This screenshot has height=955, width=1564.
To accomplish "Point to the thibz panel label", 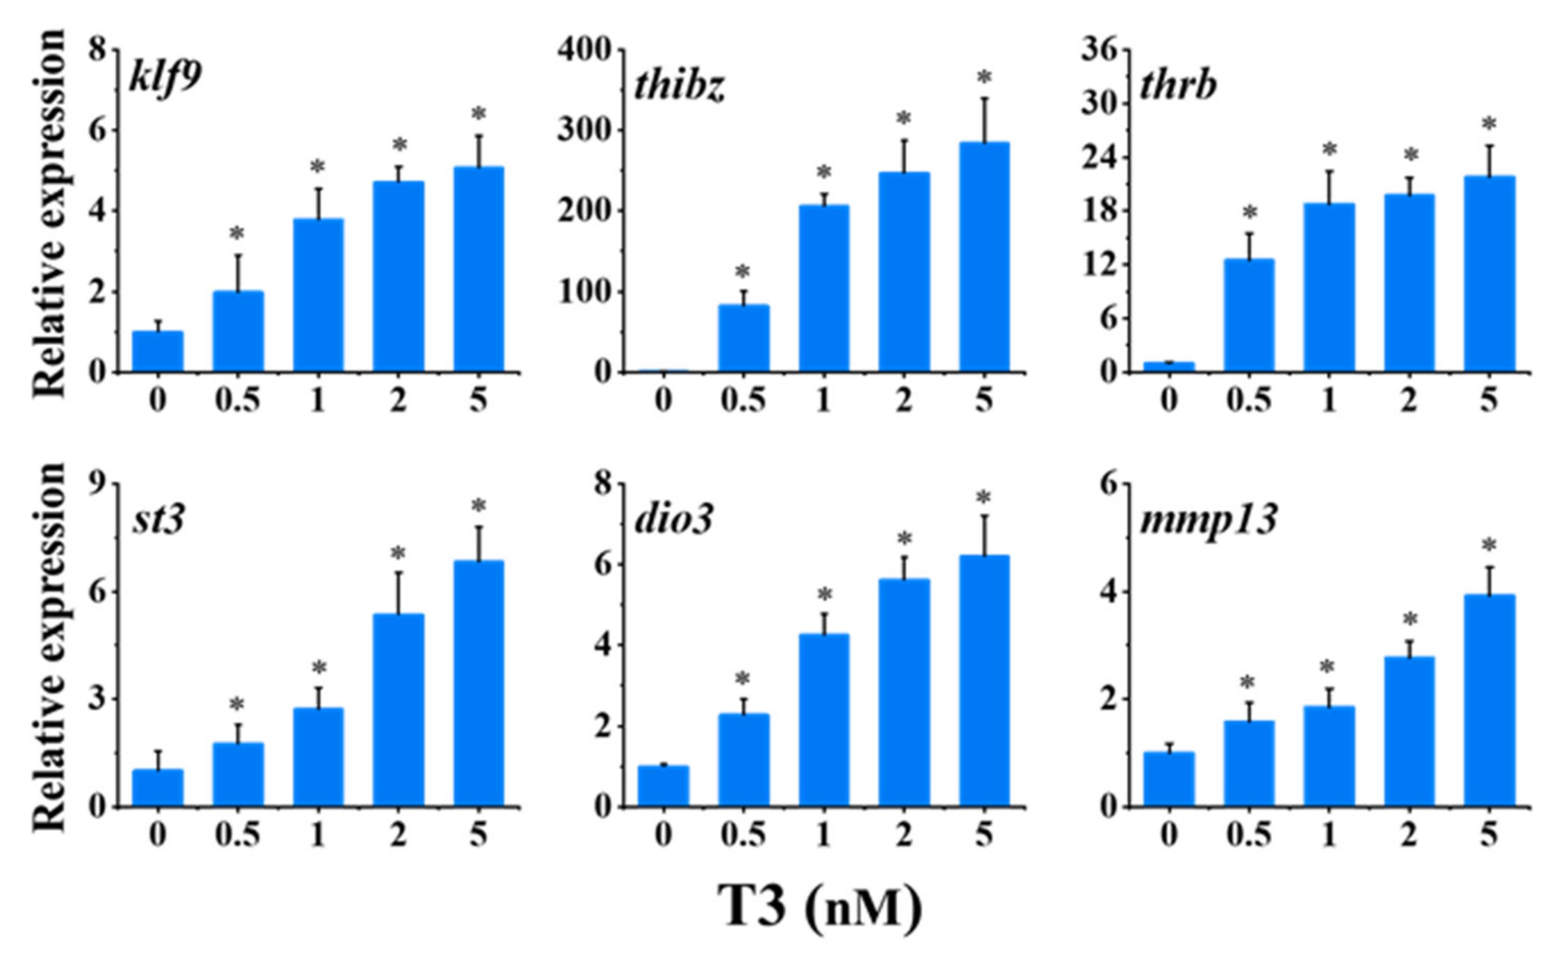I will pos(679,87).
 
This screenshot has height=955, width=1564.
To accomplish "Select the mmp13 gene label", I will pos(1208,520).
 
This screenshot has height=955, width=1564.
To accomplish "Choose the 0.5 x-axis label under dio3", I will pos(744,835).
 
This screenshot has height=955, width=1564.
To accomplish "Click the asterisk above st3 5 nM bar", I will pos(478,506).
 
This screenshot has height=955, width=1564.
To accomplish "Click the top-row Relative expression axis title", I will pos(49,213).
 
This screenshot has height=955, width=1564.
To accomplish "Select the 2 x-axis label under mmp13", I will pos(1409,835).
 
